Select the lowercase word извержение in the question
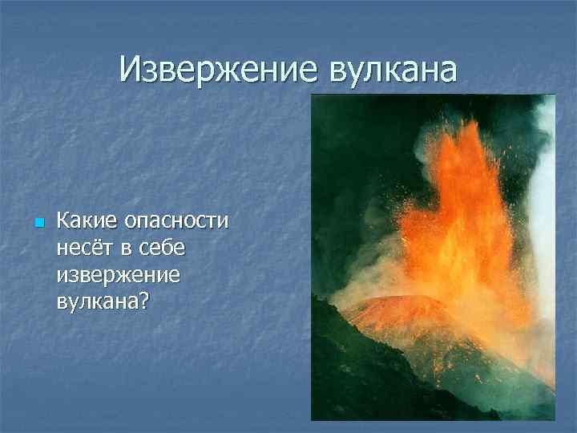point(118,275)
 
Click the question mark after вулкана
point(147,301)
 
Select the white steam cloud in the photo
point(546,200)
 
